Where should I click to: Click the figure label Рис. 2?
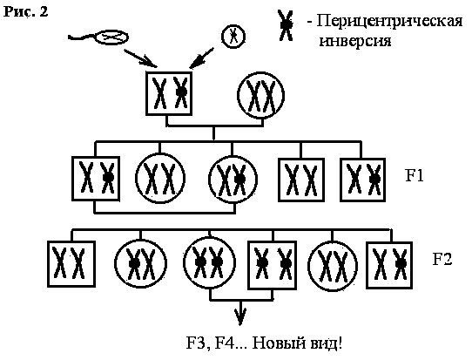[x=25, y=11]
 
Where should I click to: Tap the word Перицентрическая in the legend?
[x=389, y=22]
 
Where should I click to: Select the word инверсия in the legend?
[x=355, y=40]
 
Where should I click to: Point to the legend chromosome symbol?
[x=286, y=25]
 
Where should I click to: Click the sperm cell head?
[x=111, y=37]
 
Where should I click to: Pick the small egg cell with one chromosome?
[x=233, y=37]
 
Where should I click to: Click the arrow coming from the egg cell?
[x=201, y=58]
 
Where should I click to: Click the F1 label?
[x=415, y=175]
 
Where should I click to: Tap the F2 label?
[x=442, y=259]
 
